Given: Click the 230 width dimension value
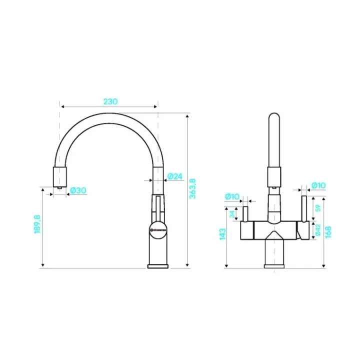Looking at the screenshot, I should pyautogui.click(x=110, y=101).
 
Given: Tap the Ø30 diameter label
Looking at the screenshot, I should pyautogui.click(x=78, y=190).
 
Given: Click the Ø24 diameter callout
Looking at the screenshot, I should pyautogui.click(x=174, y=176).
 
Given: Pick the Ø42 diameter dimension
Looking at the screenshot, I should pyautogui.click(x=317, y=230).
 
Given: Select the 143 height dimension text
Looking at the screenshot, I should pyautogui.click(x=222, y=234).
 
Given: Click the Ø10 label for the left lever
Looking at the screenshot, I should pyautogui.click(x=232, y=196).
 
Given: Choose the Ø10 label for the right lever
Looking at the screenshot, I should pyautogui.click(x=318, y=186).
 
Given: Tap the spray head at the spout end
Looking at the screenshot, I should pyautogui.click(x=59, y=177).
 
